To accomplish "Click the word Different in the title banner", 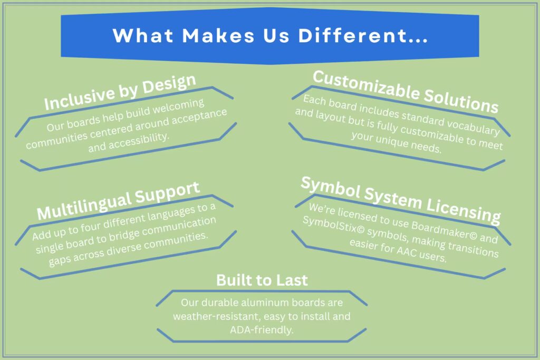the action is tap(358, 35).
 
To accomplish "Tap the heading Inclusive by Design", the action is tap(120, 92).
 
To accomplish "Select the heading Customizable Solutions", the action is tap(405, 91).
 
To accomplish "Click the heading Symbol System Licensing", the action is tap(400, 199).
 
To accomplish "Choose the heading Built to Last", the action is tap(262, 280).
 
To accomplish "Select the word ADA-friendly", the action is tap(262, 329).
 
